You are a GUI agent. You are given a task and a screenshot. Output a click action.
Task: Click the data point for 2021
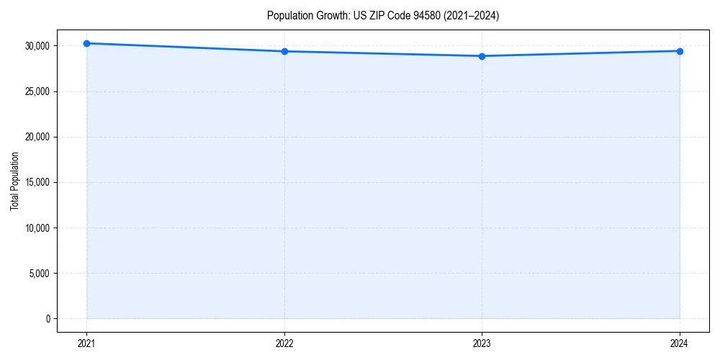[86, 43]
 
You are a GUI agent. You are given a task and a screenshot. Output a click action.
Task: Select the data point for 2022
[284, 51]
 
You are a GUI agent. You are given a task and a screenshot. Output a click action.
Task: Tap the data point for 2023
[482, 56]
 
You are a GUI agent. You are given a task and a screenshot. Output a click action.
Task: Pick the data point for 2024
[680, 51]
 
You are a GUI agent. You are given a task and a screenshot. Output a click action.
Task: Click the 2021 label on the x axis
[86, 343]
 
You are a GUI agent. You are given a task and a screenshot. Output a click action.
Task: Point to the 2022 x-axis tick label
[284, 343]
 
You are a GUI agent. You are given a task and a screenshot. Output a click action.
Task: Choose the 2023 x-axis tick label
[482, 343]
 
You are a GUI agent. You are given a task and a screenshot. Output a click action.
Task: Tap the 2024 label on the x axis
[680, 343]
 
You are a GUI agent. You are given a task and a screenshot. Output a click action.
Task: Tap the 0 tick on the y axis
[47, 319]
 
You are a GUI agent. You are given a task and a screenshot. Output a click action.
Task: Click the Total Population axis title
[14, 181]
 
